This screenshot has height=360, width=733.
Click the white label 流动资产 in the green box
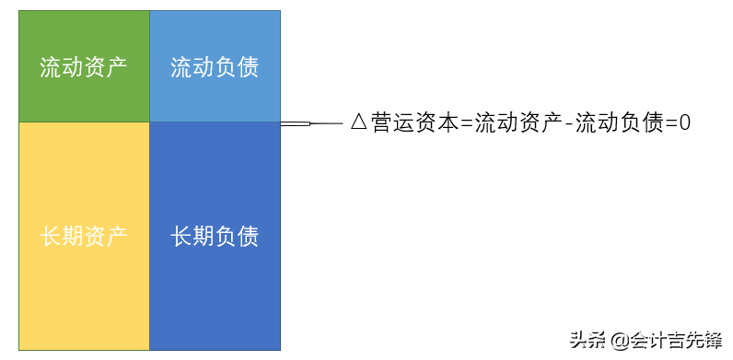84,67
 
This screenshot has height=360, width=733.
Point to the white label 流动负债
215,67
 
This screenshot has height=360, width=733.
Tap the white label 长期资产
84,237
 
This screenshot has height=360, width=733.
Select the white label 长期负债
215,237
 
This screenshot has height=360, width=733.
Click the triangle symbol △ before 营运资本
359,122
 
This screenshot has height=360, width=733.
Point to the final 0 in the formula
684,122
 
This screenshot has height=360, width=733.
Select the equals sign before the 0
670,123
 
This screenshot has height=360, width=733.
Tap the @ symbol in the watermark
616,341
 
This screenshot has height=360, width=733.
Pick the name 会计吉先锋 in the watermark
676,340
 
